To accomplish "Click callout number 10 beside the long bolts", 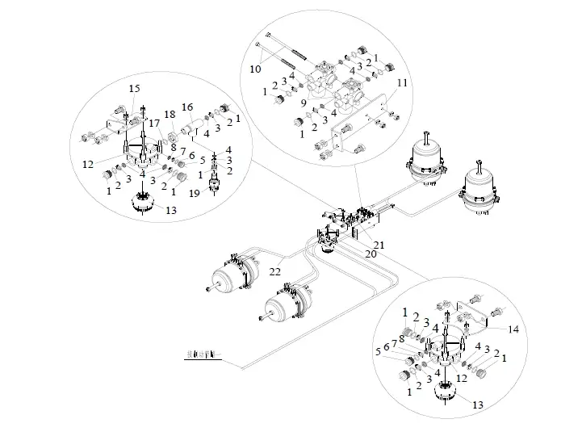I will click(x=255, y=69).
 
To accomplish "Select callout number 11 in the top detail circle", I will click(x=402, y=83).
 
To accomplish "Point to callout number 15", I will click(x=133, y=87).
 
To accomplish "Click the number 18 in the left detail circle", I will click(x=170, y=114).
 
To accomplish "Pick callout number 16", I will click(x=186, y=107).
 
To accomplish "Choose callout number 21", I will click(x=379, y=245).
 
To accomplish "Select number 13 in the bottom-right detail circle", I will click(x=478, y=404).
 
